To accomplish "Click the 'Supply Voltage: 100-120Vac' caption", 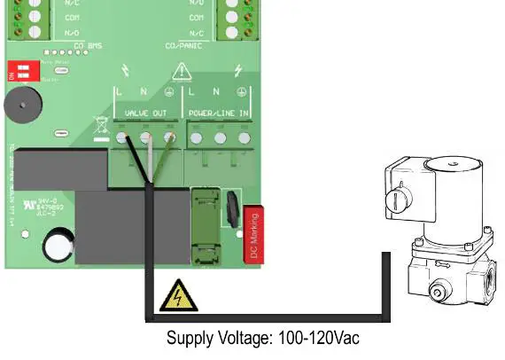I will coord(263,339).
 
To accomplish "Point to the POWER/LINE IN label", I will coord(218,113).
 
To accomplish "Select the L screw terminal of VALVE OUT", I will coord(121,137).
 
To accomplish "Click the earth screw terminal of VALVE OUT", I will coord(168,137).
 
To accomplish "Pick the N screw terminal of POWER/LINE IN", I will coord(217,137).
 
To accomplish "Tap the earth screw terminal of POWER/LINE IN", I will coord(240,137).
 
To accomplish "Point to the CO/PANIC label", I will coord(183,45).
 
